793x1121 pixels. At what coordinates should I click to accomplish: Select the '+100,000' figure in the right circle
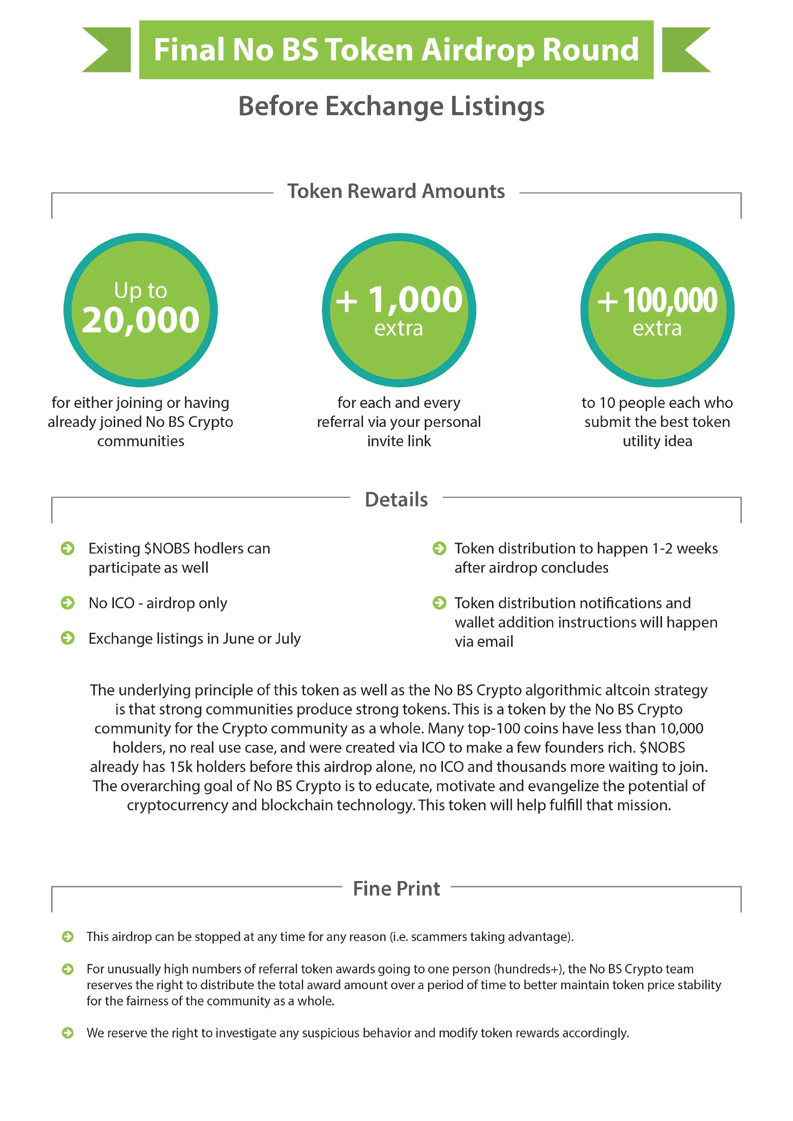[x=657, y=300]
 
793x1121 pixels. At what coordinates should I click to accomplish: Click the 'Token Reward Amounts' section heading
[x=396, y=191]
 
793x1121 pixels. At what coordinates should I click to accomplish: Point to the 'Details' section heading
[x=396, y=500]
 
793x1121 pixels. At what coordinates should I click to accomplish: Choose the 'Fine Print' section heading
[x=396, y=888]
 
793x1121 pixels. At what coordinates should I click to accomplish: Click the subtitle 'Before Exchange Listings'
[x=391, y=106]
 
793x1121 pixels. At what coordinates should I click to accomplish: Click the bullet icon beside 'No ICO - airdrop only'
[x=67, y=603]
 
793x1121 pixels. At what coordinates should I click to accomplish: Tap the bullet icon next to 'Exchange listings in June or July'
[x=67, y=638]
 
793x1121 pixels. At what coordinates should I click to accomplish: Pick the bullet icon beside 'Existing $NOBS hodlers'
[x=67, y=548]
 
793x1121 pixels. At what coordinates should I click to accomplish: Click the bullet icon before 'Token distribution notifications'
[x=439, y=603]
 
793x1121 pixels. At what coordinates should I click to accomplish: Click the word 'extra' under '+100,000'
[x=657, y=328]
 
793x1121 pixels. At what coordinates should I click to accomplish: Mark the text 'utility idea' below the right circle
[x=657, y=441]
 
